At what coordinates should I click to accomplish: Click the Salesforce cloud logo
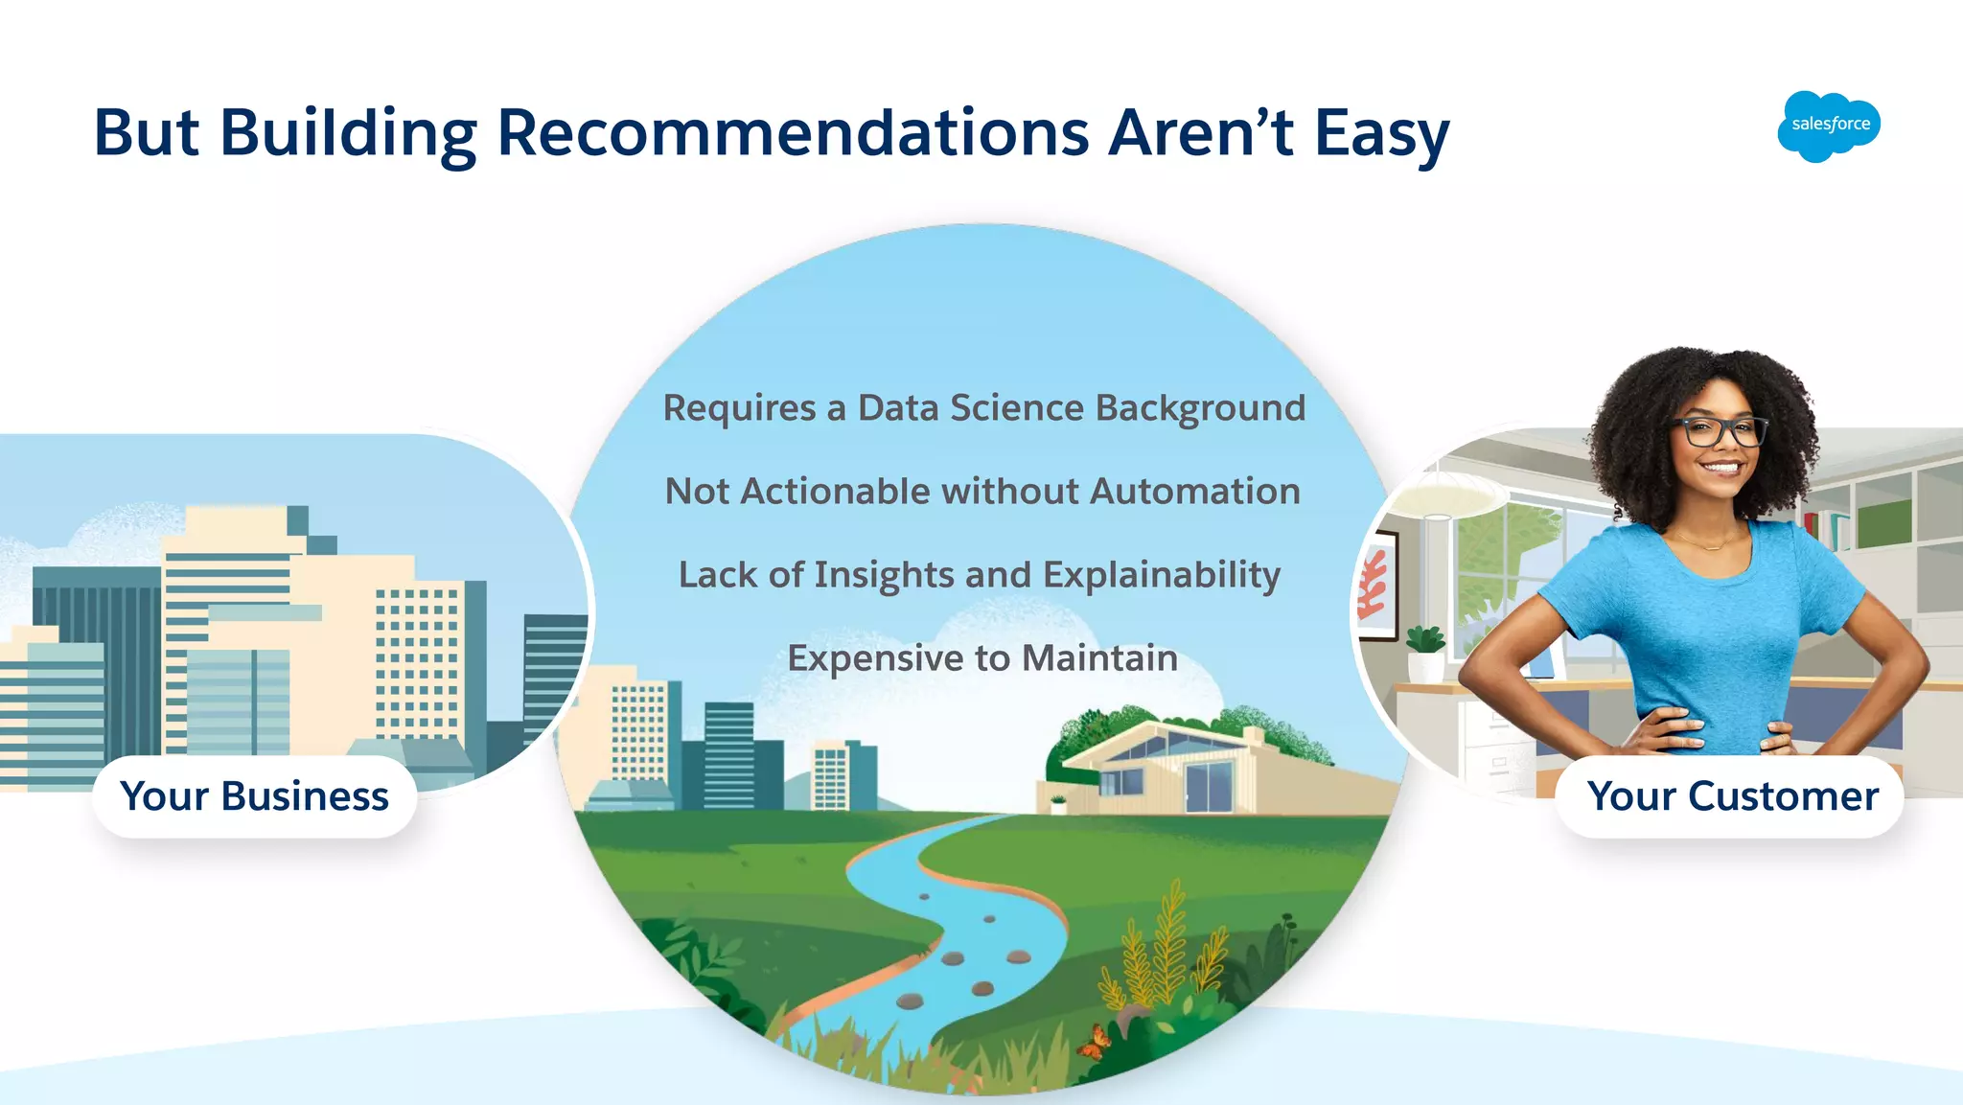(1829, 126)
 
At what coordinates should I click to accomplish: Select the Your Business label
(254, 796)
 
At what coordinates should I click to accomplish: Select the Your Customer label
(1732, 796)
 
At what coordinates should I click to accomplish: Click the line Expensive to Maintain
(982, 658)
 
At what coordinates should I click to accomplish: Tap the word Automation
(1194, 492)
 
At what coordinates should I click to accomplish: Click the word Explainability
(1161, 575)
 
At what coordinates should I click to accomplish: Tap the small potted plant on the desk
(1425, 652)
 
